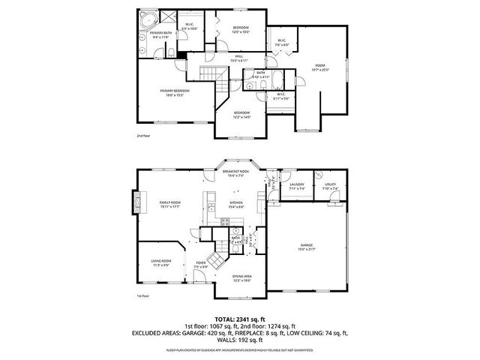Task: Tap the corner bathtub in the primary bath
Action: tap(145, 20)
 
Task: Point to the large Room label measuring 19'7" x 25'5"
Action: tap(322, 67)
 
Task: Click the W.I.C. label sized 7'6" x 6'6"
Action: tap(281, 43)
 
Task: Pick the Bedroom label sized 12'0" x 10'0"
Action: tap(240, 30)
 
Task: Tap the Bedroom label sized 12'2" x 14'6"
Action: tap(241, 115)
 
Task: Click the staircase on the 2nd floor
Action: tap(211, 74)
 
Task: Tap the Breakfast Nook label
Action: tap(235, 173)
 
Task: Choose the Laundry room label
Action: tap(295, 185)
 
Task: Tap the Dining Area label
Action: tap(241, 278)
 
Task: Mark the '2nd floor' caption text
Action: tap(143, 136)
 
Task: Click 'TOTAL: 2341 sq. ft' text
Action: tap(240, 319)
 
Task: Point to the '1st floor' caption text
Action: tap(142, 296)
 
